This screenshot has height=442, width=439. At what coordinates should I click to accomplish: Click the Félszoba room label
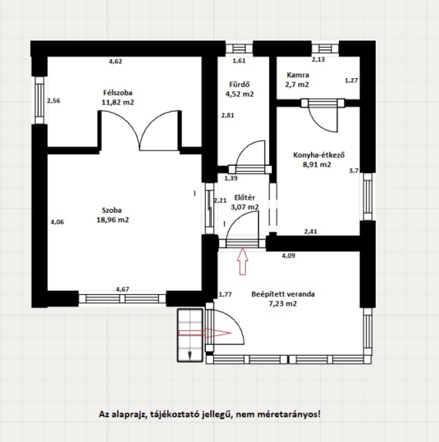118,93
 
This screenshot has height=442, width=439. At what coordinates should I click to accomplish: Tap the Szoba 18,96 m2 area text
113,220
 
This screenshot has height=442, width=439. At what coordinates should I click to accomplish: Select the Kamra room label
298,75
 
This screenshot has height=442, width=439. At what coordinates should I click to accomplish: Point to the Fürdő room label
239,84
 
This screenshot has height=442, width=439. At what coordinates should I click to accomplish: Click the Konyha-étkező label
319,155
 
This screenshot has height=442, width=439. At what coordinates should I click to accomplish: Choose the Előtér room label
245,197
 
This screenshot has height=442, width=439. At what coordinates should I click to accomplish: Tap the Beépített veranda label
283,294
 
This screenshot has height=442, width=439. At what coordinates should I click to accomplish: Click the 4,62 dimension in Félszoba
115,61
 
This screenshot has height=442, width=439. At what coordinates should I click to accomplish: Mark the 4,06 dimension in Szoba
57,222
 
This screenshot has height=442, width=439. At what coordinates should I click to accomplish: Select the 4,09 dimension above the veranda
288,256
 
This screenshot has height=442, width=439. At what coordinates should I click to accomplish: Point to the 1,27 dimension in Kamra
351,80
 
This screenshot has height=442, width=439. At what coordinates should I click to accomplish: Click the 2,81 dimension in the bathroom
228,116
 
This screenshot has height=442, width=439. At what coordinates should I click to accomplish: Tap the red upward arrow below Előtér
243,262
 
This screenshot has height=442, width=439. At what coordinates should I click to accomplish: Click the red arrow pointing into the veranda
205,333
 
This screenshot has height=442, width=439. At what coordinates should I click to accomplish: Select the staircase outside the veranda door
190,335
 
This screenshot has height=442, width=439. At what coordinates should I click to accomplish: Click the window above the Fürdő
239,49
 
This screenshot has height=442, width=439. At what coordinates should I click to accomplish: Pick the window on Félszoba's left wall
40,100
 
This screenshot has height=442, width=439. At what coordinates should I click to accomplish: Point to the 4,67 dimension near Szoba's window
123,290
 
